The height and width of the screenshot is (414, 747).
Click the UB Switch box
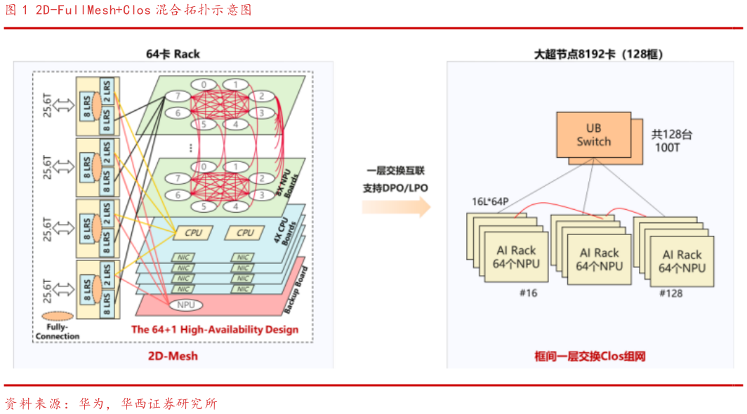click(x=593, y=134)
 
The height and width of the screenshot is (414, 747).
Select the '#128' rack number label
click(x=671, y=293)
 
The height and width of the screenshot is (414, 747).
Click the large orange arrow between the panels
click(x=396, y=206)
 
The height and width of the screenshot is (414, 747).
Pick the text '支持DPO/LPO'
click(x=395, y=188)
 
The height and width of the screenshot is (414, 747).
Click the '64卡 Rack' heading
click(x=173, y=54)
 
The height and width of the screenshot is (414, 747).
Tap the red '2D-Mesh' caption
click(x=173, y=356)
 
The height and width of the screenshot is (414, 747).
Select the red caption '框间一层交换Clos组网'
click(x=590, y=356)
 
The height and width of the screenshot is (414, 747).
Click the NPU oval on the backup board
click(x=185, y=305)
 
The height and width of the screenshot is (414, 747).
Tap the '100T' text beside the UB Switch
click(x=665, y=149)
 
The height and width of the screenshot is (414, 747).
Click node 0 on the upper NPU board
click(x=204, y=85)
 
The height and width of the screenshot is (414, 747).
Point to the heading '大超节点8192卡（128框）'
click(x=597, y=54)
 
